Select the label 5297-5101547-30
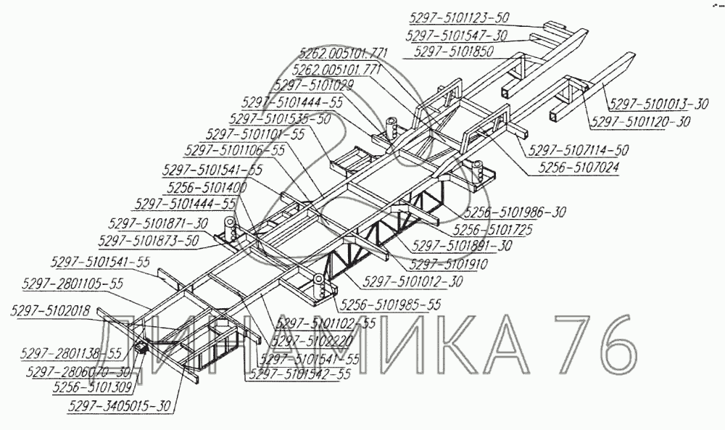tap(457, 36)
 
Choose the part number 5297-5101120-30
tap(641, 122)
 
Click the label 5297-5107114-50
tap(579, 150)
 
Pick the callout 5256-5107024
tap(573, 166)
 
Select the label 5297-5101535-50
tap(280, 118)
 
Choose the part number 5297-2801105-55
tap(73, 284)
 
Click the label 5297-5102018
tap(50, 311)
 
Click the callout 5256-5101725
tap(494, 229)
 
